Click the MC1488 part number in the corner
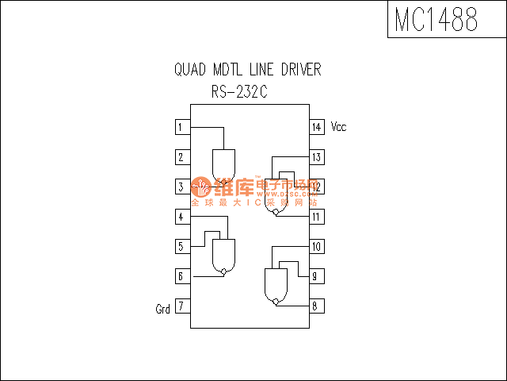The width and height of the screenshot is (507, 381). click(x=436, y=20)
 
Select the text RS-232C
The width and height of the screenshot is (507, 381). click(x=239, y=93)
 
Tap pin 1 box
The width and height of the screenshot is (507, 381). click(x=181, y=127)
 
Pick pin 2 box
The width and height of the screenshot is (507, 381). click(x=181, y=157)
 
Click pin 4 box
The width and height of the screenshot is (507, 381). click(x=181, y=217)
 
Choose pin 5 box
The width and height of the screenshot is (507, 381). click(x=181, y=247)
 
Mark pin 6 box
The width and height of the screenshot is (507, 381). click(x=181, y=276)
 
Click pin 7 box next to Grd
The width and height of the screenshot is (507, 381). click(x=181, y=306)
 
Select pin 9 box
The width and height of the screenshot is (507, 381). click(x=316, y=276)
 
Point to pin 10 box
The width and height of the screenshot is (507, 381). click(x=316, y=247)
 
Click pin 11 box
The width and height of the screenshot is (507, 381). click(x=316, y=217)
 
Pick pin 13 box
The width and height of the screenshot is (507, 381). click(x=316, y=157)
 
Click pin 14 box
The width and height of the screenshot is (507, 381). click(x=316, y=127)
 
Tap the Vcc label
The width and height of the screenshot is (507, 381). click(x=338, y=127)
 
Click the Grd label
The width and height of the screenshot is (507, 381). click(x=162, y=309)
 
